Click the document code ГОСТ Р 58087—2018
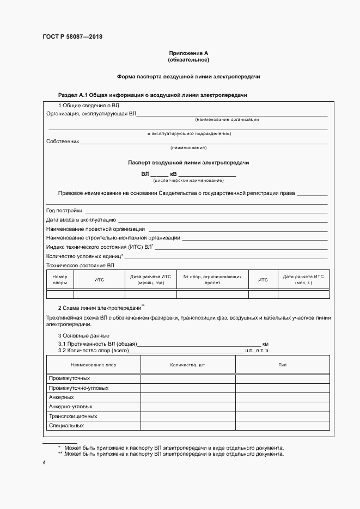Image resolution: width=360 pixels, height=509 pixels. tap(72, 37)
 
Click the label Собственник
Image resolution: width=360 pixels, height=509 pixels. tap(63, 142)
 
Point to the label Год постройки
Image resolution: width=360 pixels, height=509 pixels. tap(64, 211)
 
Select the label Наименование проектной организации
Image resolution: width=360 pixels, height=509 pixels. tap(95, 229)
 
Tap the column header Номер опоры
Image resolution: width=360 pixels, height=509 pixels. tap(60, 280)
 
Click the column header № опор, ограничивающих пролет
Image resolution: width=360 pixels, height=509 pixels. tap(212, 280)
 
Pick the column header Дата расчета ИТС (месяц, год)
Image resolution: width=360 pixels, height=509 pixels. tap(151, 280)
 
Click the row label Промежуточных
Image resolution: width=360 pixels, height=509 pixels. tap(69, 378)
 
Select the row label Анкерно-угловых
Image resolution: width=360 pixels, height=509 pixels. tap(70, 407)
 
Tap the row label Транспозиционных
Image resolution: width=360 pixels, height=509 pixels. tap(73, 416)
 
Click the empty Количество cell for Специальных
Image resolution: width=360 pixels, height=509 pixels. tap(188, 425)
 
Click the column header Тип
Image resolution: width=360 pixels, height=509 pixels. tap(282, 365)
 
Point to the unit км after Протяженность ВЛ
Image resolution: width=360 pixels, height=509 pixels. tap(266, 344)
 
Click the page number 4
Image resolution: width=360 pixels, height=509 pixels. tap(44, 463)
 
